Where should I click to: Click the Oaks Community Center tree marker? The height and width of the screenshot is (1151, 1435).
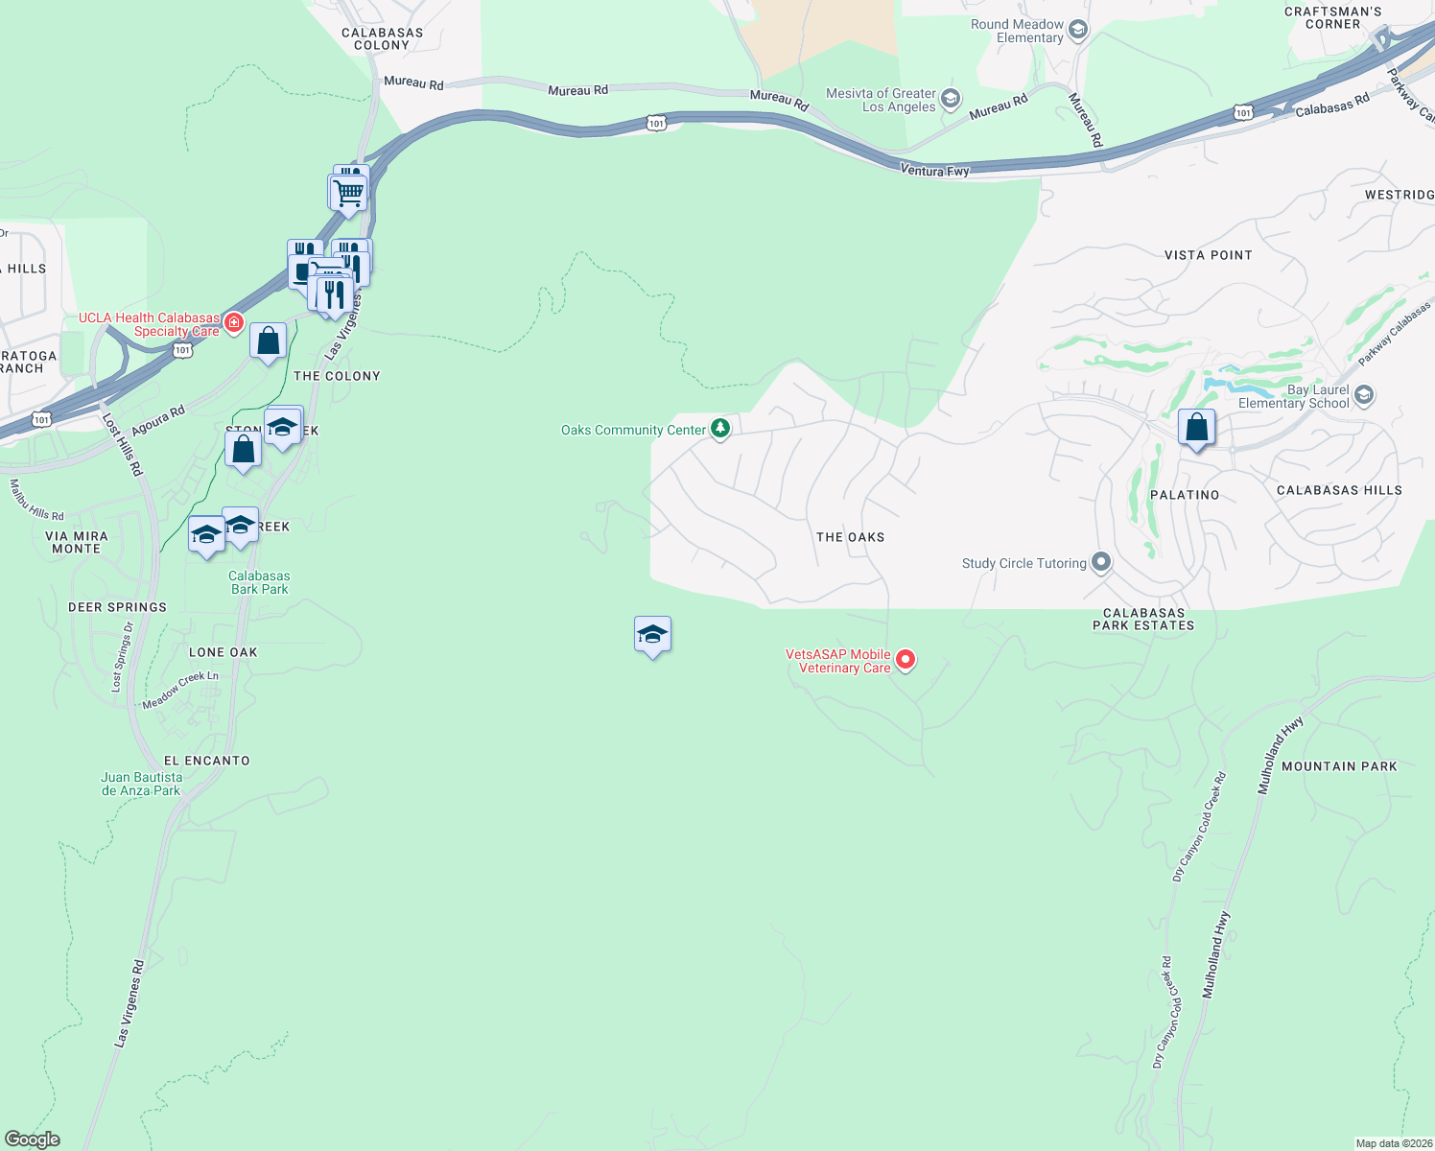pos(720,429)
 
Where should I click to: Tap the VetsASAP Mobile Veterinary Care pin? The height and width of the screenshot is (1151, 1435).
pos(905,660)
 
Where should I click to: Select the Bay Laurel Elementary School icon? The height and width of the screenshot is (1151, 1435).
pos(1364,395)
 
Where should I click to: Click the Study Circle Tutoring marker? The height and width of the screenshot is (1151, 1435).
pos(1101,562)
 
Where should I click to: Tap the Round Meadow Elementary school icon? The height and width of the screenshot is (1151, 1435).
pos(1078,31)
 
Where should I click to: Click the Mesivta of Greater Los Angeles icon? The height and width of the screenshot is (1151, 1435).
pos(950,99)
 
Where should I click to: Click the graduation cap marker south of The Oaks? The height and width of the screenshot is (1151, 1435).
pos(652,635)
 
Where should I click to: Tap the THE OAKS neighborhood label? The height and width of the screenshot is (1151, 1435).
pos(850,537)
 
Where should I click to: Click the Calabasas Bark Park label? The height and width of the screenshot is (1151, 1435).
pos(259,582)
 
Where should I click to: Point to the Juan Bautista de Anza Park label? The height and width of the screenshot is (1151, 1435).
pos(142,784)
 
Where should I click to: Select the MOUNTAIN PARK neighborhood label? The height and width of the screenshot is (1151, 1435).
pos(1339,766)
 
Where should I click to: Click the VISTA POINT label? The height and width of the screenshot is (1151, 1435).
pos(1208,255)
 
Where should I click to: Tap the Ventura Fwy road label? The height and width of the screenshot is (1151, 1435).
pos(934,171)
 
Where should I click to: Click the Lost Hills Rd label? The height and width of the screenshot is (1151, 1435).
pos(122,445)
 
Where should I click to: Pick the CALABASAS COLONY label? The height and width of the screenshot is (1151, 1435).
pos(382,38)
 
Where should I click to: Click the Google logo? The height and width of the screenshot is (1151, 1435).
pos(33,1139)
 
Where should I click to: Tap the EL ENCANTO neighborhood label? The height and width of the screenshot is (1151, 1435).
pos(206,761)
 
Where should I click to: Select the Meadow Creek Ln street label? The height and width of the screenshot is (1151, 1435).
pos(180,690)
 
